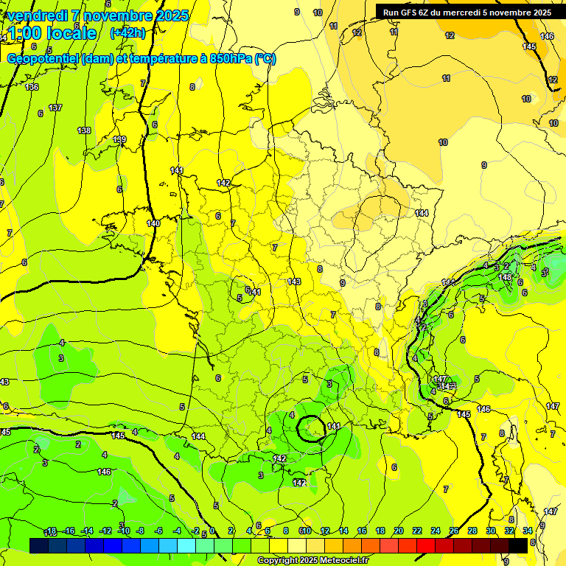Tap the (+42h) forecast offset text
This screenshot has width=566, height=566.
(127, 33)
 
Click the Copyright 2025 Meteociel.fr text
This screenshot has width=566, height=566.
(313, 560)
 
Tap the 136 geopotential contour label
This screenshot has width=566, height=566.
(32, 87)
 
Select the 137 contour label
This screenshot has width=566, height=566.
(55, 108)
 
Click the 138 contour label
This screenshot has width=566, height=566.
(84, 130)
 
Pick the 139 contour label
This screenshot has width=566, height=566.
(120, 139)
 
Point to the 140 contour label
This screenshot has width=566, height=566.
(153, 223)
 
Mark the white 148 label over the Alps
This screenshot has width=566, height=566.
(505, 277)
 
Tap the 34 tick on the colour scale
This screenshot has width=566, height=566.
(528, 531)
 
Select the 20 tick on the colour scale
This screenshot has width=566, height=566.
(399, 531)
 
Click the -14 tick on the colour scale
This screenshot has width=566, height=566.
(86, 531)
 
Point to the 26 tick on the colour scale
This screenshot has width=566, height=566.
(454, 531)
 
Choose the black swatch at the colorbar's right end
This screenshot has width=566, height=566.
(518, 545)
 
